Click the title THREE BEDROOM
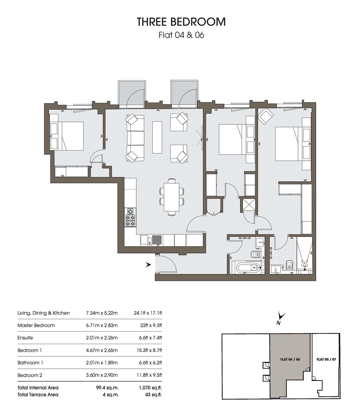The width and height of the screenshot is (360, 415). click(x=181, y=22)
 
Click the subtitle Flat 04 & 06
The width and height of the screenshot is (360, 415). click(x=181, y=35)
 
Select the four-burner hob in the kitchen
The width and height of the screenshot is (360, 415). click(x=131, y=217)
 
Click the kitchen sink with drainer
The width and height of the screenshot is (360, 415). click(x=151, y=240)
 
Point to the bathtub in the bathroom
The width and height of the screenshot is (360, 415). click(x=248, y=268)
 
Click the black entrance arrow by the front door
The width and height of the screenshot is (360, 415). click(x=148, y=264)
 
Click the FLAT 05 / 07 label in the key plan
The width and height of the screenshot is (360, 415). click(x=326, y=359)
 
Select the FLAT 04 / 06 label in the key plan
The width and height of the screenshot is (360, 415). click(x=290, y=359)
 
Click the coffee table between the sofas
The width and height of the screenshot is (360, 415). click(x=157, y=137)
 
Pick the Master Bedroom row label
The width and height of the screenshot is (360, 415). click(x=36, y=325)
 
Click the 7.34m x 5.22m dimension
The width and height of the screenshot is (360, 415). click(x=102, y=313)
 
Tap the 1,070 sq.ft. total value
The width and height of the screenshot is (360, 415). click(x=150, y=388)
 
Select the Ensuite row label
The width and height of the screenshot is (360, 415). click(x=25, y=338)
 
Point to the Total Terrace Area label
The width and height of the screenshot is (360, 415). click(x=38, y=395)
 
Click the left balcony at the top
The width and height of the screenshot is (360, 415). click(x=132, y=94)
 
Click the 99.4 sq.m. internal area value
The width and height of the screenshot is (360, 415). click(x=107, y=388)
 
